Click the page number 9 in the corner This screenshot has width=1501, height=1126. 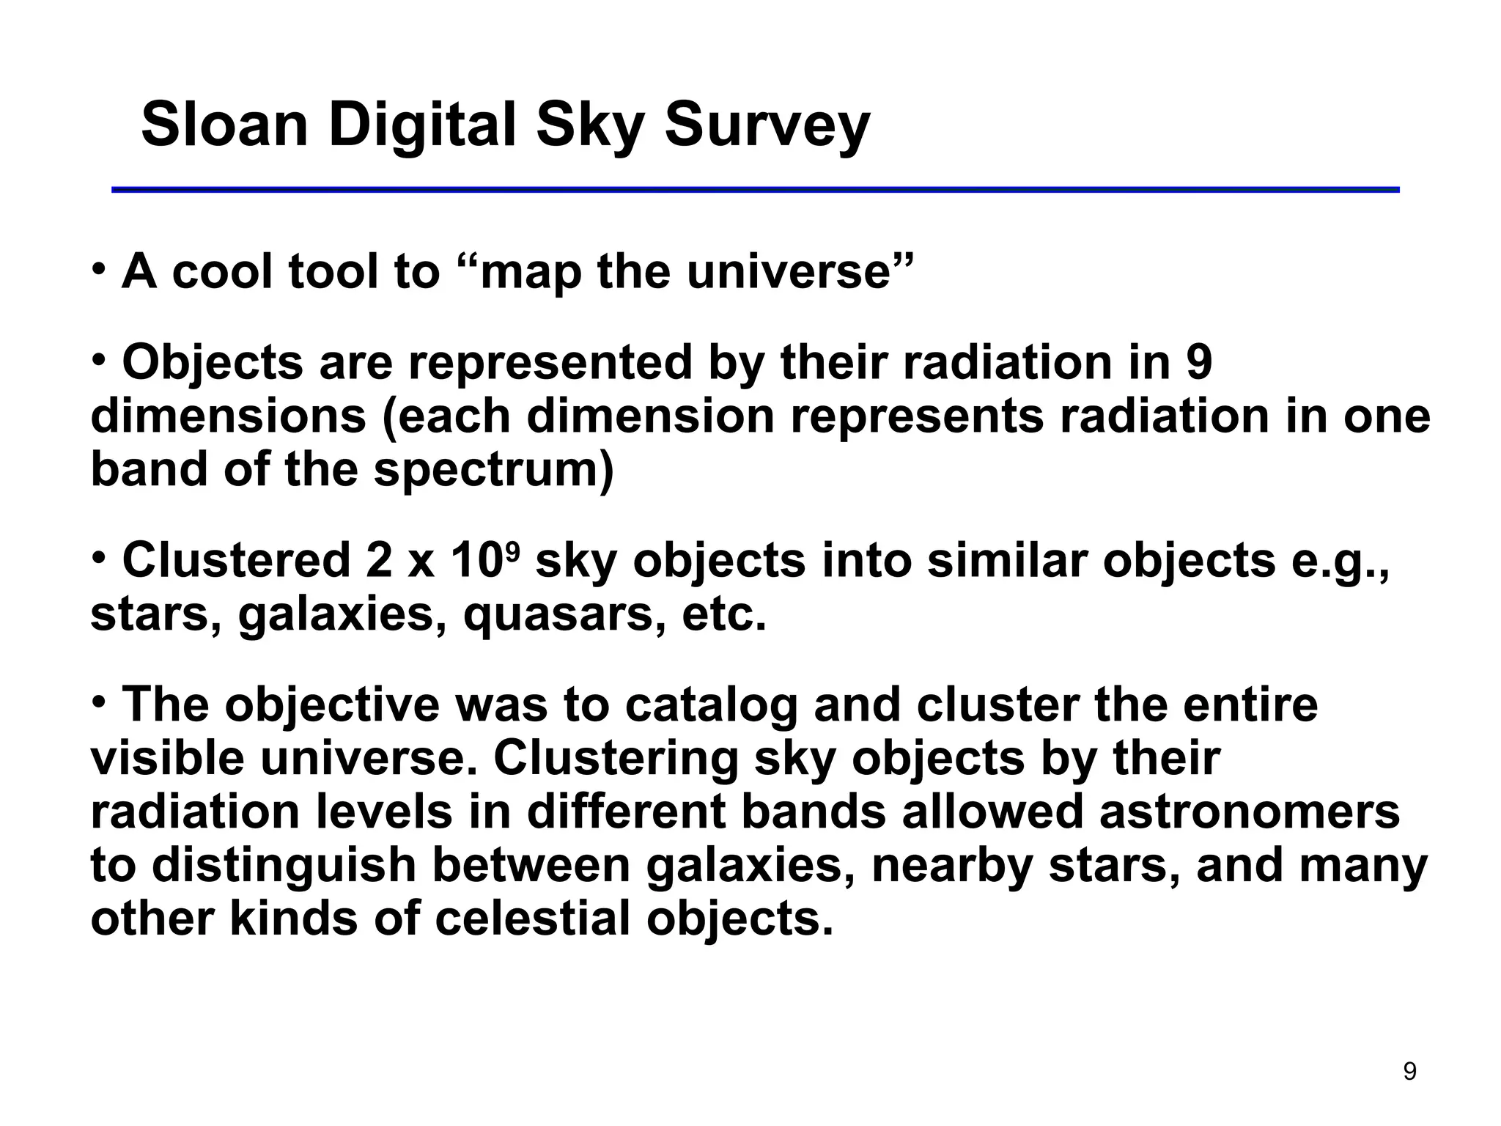(x=1409, y=1072)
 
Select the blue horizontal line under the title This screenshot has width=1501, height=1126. (x=755, y=190)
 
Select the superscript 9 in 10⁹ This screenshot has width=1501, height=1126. (x=513, y=549)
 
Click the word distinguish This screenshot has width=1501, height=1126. (x=284, y=866)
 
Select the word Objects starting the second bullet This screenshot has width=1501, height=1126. (x=213, y=362)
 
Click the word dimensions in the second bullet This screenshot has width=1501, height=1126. (x=228, y=416)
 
